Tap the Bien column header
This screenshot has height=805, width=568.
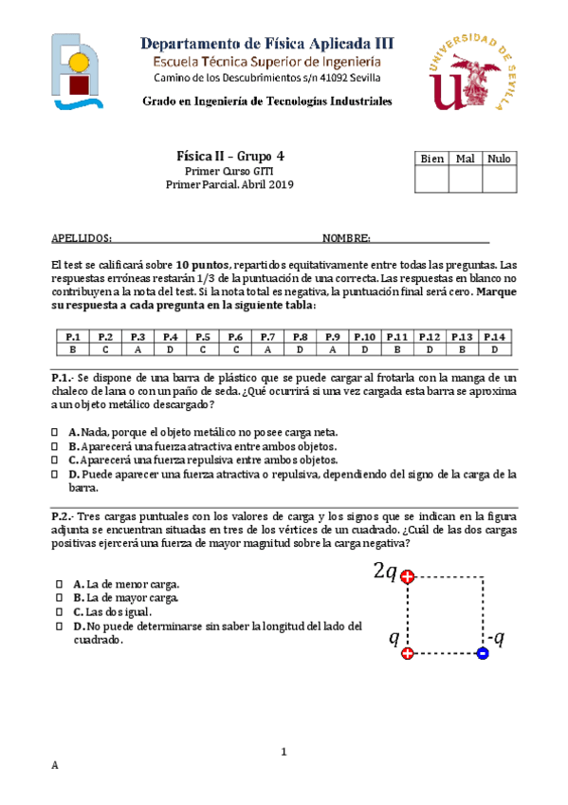click(431, 159)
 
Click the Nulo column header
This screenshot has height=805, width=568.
click(500, 159)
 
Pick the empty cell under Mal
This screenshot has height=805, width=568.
click(466, 178)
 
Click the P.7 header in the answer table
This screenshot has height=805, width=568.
click(267, 336)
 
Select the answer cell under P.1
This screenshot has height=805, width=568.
click(71, 348)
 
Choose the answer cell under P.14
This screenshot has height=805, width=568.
click(494, 348)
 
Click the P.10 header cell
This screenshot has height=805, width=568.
click(365, 336)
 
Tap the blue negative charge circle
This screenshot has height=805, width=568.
click(482, 653)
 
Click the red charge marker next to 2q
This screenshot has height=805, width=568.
click(408, 576)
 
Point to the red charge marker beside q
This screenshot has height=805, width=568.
click(408, 653)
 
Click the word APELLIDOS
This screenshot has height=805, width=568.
click(81, 238)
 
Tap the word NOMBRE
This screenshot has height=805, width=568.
click(345, 238)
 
